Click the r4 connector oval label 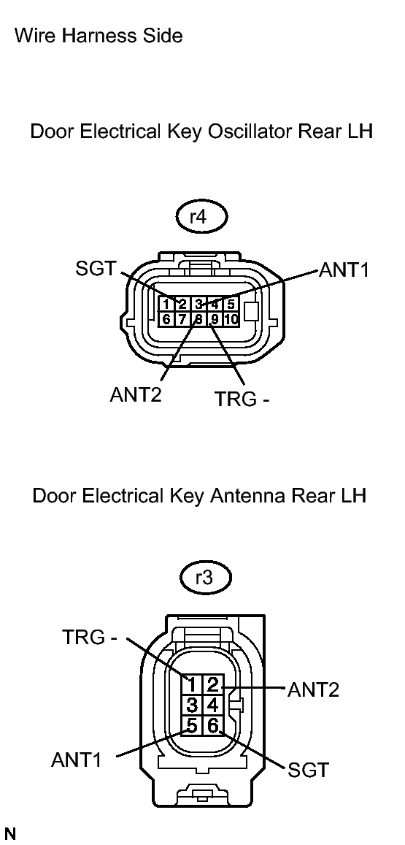(x=201, y=217)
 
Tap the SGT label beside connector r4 (x=96, y=268)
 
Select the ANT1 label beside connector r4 (x=344, y=270)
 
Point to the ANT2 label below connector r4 (x=136, y=395)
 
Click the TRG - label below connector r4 (x=242, y=399)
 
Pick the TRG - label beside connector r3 (x=90, y=637)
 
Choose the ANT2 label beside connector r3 (x=314, y=689)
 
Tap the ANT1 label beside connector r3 (x=77, y=760)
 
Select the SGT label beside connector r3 (x=308, y=770)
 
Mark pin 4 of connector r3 (x=212, y=705)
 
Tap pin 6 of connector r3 (x=212, y=725)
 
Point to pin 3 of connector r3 (x=191, y=705)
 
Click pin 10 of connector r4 (x=231, y=319)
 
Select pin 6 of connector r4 (x=166, y=319)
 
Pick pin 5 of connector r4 (x=231, y=304)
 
